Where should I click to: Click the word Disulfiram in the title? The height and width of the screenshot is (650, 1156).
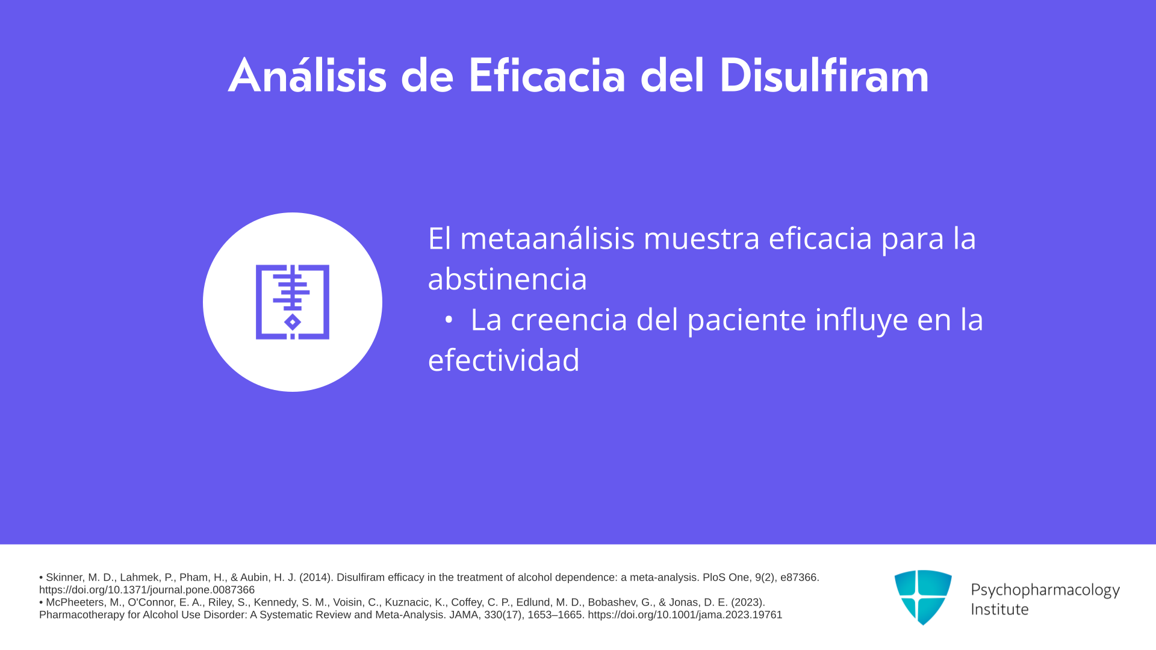point(824,76)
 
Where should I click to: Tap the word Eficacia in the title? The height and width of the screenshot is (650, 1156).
point(547,76)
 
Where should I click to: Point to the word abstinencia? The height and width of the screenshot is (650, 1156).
point(507,279)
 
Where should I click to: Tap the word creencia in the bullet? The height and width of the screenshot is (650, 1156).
point(569,320)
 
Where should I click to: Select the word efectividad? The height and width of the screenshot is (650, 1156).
point(503,360)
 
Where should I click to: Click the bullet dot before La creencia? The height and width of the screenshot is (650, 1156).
point(448,321)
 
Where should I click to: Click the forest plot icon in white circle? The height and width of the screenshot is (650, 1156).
point(293,302)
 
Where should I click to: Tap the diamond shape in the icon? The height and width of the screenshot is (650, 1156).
point(293,323)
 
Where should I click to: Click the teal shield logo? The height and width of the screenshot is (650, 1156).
point(923,597)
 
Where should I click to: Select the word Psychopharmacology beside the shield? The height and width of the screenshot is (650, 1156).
point(1045,590)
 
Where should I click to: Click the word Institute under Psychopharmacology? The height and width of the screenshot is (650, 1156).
point(1000,609)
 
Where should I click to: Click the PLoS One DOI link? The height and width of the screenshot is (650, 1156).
point(147,590)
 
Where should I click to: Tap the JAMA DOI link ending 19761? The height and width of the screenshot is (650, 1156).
point(685,615)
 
